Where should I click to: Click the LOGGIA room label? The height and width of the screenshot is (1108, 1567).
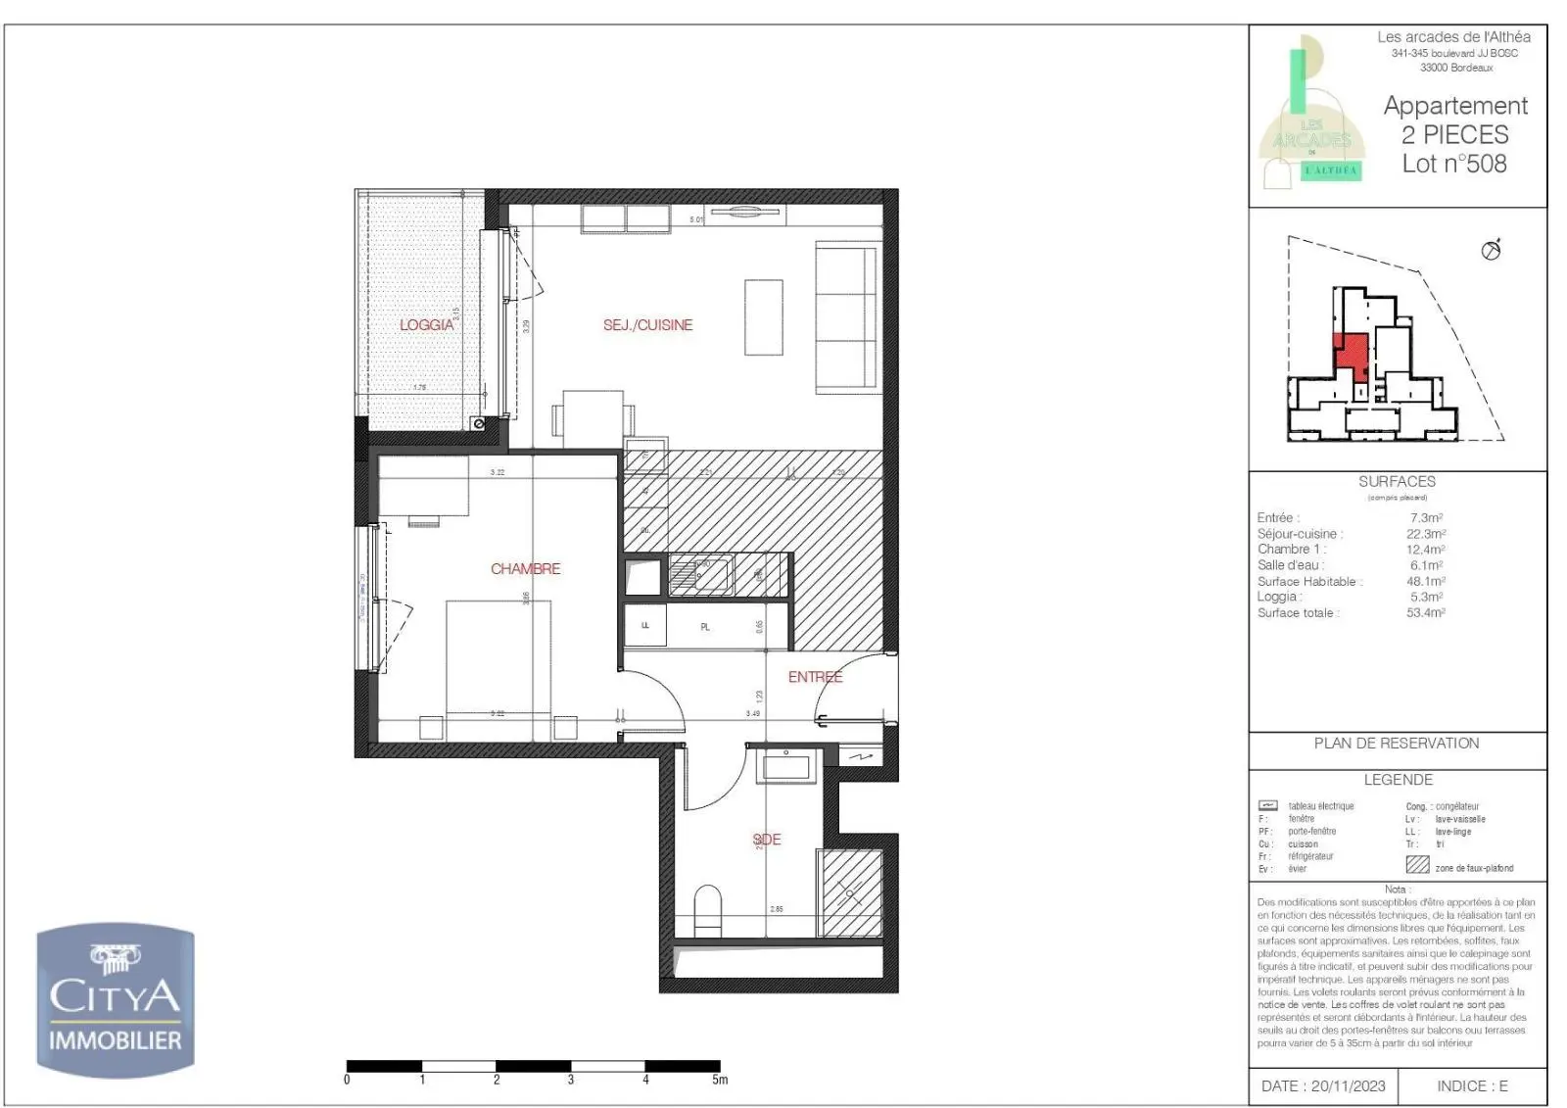[x=427, y=324]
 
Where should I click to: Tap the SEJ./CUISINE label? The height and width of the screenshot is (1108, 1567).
[x=647, y=324]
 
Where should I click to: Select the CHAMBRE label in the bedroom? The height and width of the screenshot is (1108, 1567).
[x=526, y=568]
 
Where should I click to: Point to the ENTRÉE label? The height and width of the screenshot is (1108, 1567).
[x=815, y=677]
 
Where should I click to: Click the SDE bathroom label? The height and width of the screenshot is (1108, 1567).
[x=767, y=840]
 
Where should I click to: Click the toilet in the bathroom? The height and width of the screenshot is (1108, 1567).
[x=707, y=910]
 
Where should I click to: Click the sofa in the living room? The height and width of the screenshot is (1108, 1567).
[x=847, y=317]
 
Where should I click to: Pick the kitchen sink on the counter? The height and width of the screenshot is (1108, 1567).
[x=701, y=574]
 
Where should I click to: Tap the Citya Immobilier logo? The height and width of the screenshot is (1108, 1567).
[x=116, y=1000]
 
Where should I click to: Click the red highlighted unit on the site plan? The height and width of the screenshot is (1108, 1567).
[x=1353, y=353]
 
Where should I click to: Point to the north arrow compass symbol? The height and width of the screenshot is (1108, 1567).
[x=1492, y=250]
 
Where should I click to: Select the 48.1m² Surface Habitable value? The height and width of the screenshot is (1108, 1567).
[x=1426, y=581]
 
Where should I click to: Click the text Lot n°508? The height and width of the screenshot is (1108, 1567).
[x=1454, y=164]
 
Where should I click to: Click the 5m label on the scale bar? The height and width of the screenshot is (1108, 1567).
[x=720, y=1080]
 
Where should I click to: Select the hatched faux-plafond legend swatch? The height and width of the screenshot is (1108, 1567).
[x=1417, y=864]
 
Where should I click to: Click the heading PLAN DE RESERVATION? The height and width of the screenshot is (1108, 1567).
[x=1397, y=744]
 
